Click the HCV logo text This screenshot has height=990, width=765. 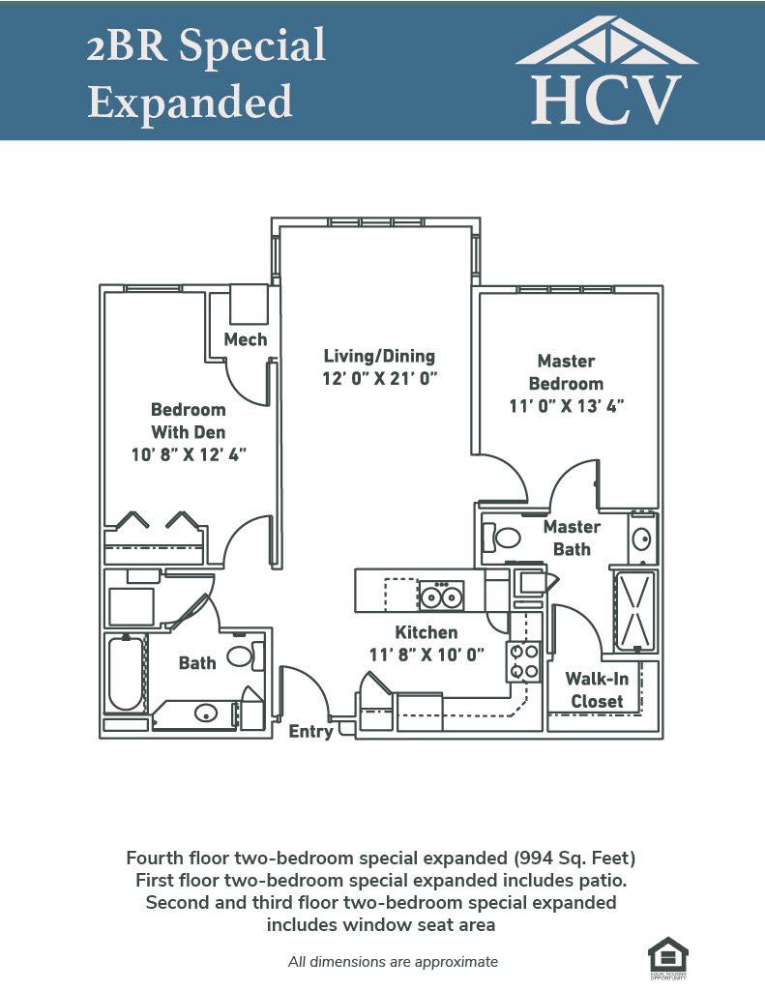click(x=606, y=100)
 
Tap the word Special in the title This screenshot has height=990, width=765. click(x=252, y=46)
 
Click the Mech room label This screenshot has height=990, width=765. click(x=246, y=339)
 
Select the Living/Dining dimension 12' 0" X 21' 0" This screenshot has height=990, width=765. click(x=380, y=379)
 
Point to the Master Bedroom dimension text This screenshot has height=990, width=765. click(x=567, y=406)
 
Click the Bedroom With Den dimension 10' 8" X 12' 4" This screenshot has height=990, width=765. click(x=189, y=454)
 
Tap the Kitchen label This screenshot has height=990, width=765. click(x=427, y=632)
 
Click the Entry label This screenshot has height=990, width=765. click(x=310, y=731)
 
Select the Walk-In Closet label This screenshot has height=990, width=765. click(x=597, y=690)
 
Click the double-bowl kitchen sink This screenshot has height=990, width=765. click(x=441, y=596)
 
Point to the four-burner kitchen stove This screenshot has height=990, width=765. click(x=523, y=661)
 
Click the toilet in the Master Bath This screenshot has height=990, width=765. click(x=502, y=538)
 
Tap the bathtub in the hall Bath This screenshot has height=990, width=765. click(x=126, y=674)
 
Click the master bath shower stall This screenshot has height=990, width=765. click(x=635, y=612)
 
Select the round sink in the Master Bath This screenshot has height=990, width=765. click(x=642, y=539)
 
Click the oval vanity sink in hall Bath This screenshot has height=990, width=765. click(x=206, y=713)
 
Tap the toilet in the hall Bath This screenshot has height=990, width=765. click(x=246, y=656)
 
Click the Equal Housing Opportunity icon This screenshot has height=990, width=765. click(x=667, y=958)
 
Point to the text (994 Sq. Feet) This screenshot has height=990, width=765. click(x=574, y=859)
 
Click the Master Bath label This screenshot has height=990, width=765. click(x=572, y=538)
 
